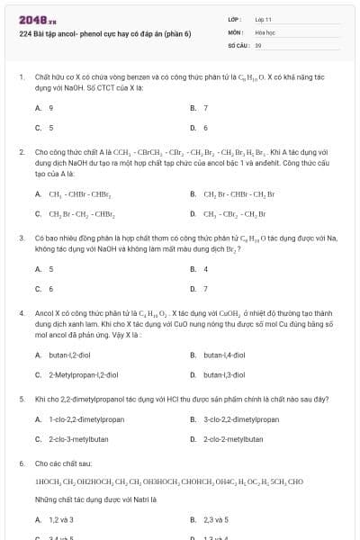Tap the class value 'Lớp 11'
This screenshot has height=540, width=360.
(x=264, y=18)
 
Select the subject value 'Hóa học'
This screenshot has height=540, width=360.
(x=265, y=31)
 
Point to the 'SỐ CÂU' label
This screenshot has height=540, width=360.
(x=238, y=44)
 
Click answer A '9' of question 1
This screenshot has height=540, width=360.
(x=50, y=108)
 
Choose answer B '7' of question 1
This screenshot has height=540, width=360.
(x=205, y=108)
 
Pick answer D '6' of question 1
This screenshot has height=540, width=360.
(x=205, y=128)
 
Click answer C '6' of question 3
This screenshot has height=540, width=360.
(x=50, y=289)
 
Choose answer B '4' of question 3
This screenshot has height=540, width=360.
(x=205, y=269)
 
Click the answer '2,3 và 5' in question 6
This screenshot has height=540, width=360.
(x=216, y=519)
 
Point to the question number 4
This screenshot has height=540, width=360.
(x=22, y=313)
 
